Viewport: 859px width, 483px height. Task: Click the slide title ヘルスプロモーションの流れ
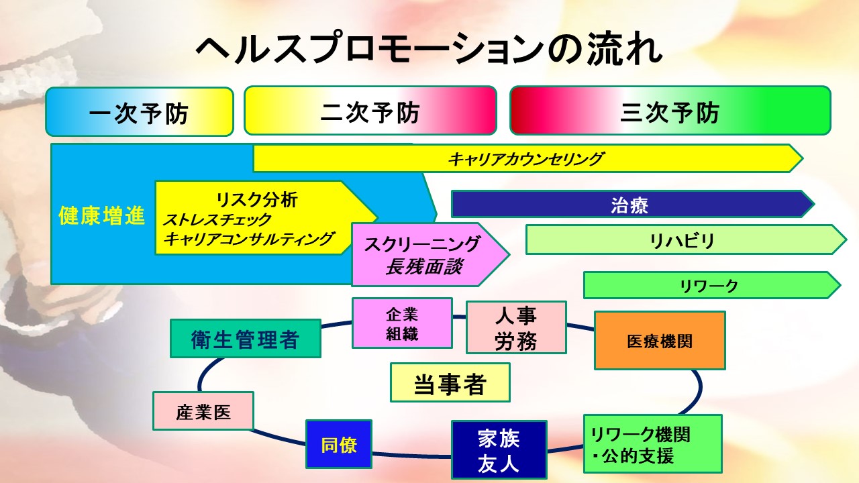click(429, 50)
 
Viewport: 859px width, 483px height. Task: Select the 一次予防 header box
click(139, 111)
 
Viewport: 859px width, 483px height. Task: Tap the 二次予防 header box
click(370, 111)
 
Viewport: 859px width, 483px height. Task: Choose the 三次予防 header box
click(670, 111)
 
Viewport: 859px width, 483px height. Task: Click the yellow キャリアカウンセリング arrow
click(526, 159)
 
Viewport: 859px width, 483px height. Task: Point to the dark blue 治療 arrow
click(629, 205)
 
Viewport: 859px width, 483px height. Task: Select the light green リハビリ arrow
click(682, 240)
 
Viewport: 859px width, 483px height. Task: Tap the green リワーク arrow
click(709, 285)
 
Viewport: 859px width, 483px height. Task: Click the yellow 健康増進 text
click(102, 217)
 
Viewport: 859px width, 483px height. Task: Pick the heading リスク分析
click(257, 199)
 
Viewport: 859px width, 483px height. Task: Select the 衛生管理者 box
click(245, 339)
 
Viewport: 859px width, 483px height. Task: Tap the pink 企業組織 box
click(402, 323)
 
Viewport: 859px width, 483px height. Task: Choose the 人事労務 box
click(516, 327)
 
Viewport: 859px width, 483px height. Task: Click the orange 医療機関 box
click(660, 340)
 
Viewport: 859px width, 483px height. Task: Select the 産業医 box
click(203, 411)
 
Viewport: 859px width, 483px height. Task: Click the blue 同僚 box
click(339, 444)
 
